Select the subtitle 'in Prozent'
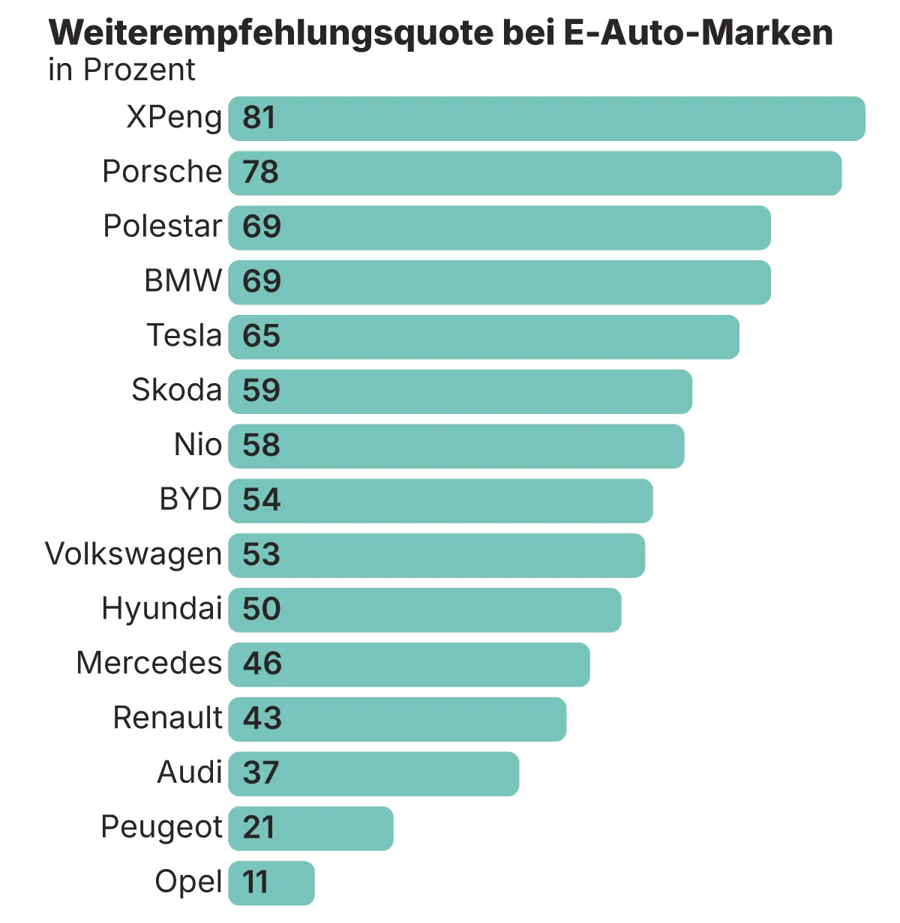pos(121,70)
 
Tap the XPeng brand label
pos(174,117)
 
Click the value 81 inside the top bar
pos(259,118)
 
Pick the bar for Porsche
pos(534,173)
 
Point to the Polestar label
pos(163,226)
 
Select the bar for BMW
pos(499,283)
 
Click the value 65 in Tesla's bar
pos(261,336)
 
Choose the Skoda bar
pos(460,391)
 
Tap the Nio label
pos(198,445)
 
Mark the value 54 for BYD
pos(261,500)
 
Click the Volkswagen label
pos(133,555)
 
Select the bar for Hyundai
pos(424,610)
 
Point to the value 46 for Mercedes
pos(262,664)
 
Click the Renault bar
pos(397,719)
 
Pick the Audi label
pos(190,772)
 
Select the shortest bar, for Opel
pos(271,883)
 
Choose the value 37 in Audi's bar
pos(261,773)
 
